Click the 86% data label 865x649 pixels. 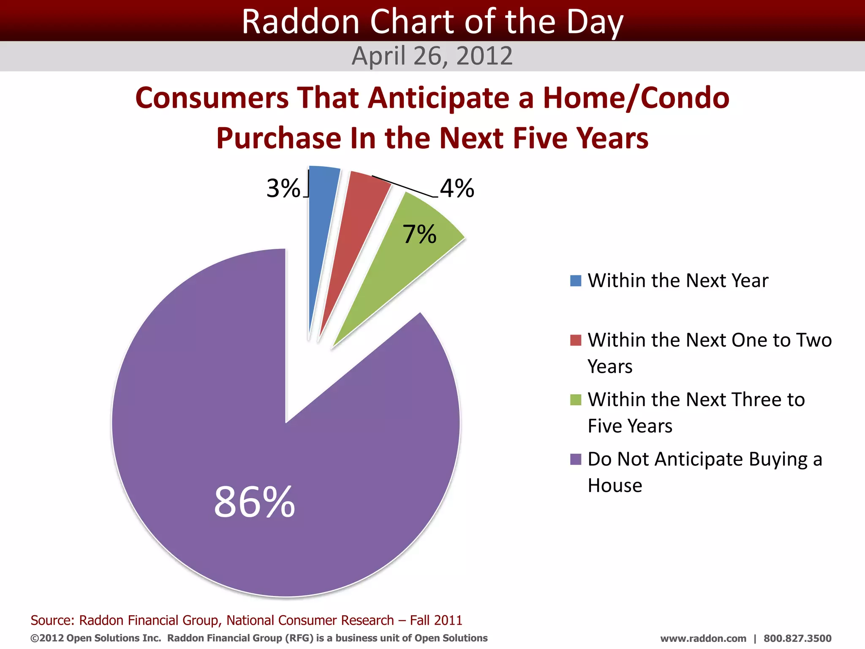click(x=254, y=502)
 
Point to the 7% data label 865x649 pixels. click(x=419, y=234)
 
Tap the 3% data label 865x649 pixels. click(x=283, y=188)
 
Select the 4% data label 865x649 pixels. click(x=457, y=188)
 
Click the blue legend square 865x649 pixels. click(x=575, y=281)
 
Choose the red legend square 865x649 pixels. click(x=575, y=340)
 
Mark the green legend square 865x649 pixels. click(x=575, y=400)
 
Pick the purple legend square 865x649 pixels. click(x=575, y=459)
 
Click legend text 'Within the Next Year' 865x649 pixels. click(x=678, y=281)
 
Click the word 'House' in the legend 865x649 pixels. click(x=615, y=485)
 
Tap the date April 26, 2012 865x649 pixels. click(x=432, y=56)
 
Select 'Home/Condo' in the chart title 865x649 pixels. click(x=636, y=98)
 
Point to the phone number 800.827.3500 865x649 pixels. click(x=797, y=638)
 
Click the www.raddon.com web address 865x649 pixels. click(x=703, y=638)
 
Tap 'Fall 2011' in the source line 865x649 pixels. click(x=436, y=620)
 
